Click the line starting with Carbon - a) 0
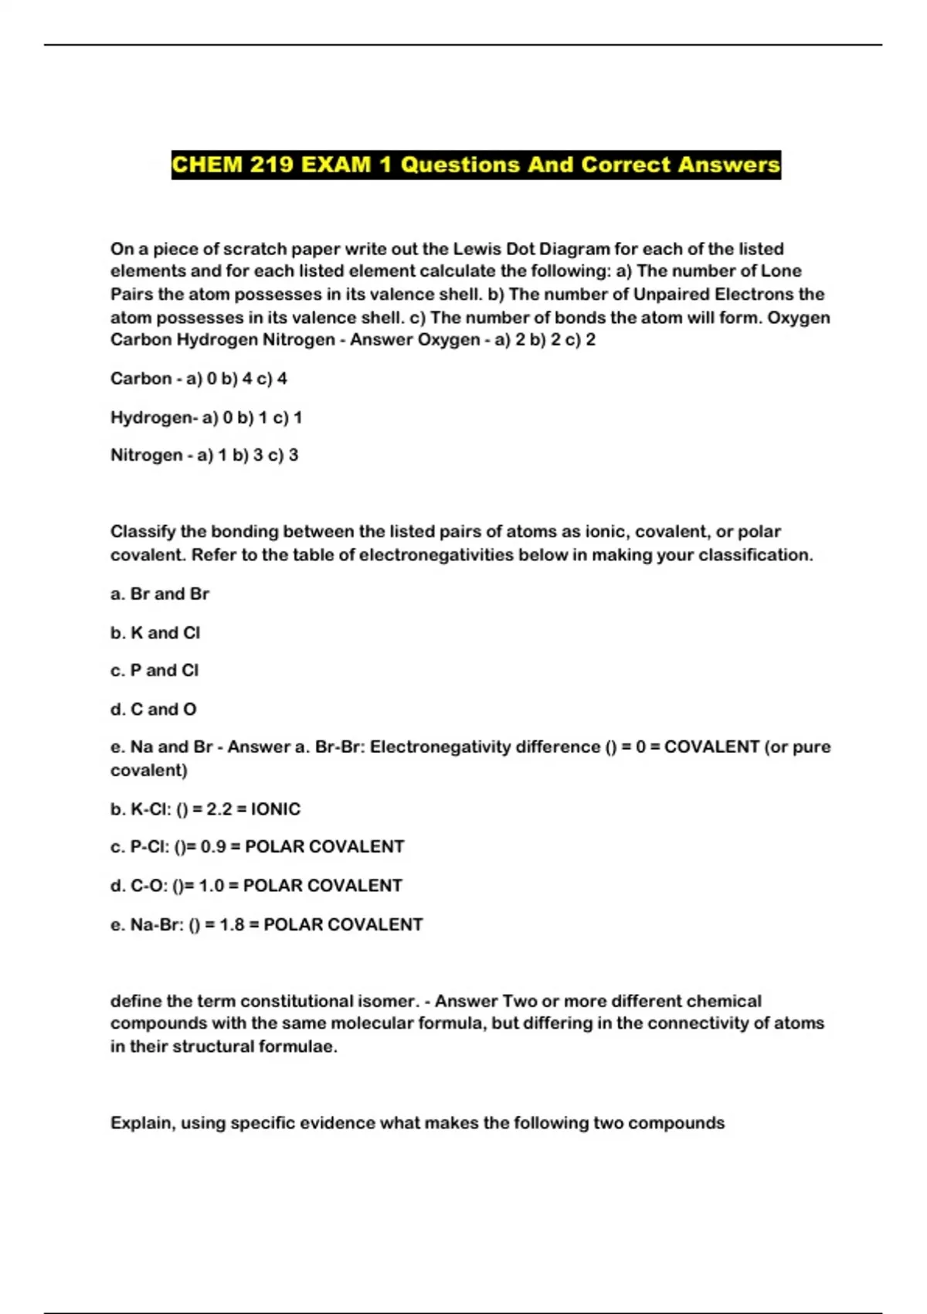(199, 379)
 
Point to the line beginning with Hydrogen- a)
(206, 417)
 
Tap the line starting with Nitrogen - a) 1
(204, 455)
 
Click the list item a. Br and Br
(160, 594)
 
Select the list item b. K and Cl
(155, 632)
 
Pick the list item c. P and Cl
(154, 670)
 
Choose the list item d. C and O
(154, 709)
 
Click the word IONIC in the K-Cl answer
(276, 809)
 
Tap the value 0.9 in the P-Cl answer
(213, 847)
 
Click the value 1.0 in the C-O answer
(212, 886)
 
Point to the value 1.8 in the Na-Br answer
(233, 924)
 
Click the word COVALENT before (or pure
(711, 747)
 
